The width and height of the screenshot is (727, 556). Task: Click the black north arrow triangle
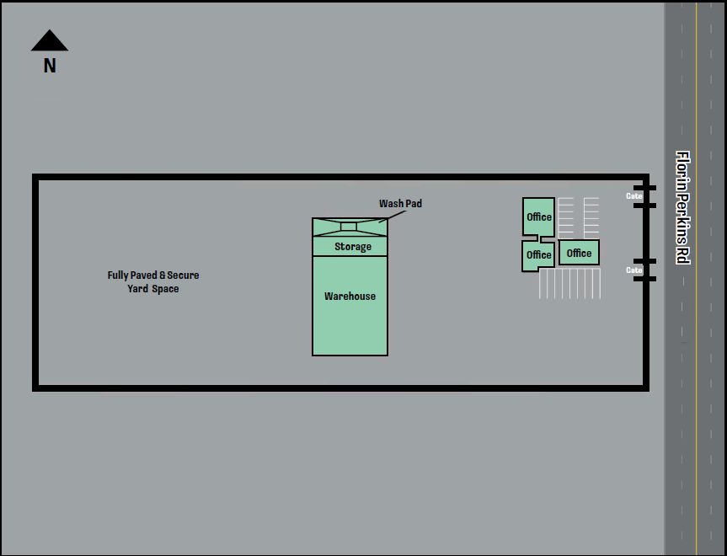point(50,41)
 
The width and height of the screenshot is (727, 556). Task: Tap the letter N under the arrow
point(50,65)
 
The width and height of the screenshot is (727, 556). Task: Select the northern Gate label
point(634,196)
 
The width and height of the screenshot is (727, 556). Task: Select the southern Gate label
point(634,270)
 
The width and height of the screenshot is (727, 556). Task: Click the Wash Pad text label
point(400,204)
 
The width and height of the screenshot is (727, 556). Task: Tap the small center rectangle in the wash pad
point(349,226)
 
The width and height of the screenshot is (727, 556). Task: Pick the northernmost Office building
point(538,217)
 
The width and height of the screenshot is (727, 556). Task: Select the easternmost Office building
point(579,253)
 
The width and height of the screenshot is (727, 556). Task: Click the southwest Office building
point(537,255)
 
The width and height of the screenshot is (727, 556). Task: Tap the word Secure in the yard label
point(183,275)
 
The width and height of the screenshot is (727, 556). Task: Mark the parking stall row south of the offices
point(570,284)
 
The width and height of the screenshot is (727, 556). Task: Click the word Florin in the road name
point(683,171)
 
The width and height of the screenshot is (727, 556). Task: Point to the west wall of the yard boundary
point(36,283)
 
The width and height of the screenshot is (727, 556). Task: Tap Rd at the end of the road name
point(683,255)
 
